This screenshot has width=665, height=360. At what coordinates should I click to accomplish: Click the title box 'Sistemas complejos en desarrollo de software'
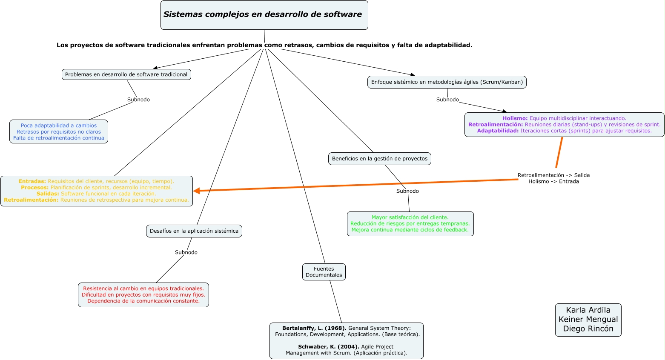click(264, 15)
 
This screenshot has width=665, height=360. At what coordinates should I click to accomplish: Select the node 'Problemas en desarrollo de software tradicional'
click(126, 74)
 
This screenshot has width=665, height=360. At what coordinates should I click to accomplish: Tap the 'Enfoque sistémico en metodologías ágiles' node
click(447, 82)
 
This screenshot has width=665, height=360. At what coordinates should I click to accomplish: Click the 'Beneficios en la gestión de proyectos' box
click(380, 159)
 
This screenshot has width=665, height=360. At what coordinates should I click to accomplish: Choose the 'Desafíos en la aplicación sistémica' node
click(194, 231)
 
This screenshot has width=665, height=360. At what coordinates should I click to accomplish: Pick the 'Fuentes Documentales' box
click(324, 272)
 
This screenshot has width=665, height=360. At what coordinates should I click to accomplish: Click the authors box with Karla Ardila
click(588, 320)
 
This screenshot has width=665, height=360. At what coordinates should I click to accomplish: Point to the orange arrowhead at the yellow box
click(196, 191)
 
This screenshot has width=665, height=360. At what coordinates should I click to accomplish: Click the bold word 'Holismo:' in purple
click(515, 118)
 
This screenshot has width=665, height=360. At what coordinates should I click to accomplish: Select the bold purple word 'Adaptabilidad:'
click(498, 131)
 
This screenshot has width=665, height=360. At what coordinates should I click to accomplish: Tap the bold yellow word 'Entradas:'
click(32, 181)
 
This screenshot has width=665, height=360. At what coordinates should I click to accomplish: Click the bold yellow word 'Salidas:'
click(48, 194)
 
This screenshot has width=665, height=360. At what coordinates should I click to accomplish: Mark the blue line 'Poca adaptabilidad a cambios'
click(59, 126)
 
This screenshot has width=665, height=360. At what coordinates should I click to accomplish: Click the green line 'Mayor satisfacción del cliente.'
click(410, 217)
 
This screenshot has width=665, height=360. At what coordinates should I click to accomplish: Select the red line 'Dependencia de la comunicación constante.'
click(143, 301)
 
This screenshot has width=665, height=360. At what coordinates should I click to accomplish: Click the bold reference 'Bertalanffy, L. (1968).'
click(314, 328)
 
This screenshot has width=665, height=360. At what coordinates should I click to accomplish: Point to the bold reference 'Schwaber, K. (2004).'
click(329, 347)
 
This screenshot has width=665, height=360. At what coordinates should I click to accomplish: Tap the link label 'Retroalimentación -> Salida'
click(553, 175)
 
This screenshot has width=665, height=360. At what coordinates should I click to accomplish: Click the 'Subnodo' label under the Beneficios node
click(407, 191)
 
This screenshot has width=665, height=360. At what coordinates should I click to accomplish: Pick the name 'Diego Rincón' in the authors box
click(588, 329)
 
